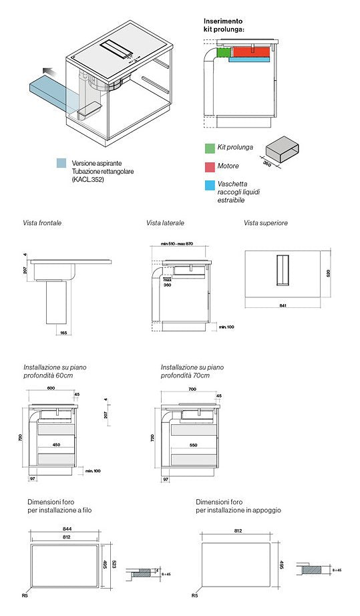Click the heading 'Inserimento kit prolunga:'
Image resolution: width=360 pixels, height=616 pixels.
[224, 25]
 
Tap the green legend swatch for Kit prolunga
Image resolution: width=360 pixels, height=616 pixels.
[209, 147]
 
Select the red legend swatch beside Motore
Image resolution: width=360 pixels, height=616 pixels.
[209, 166]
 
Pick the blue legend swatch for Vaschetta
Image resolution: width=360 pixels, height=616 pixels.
[209, 184]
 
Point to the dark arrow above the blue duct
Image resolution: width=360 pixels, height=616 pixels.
[47, 71]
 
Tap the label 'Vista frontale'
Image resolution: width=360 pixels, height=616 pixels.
[42, 222]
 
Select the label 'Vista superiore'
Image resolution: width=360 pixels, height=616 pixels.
[265, 222]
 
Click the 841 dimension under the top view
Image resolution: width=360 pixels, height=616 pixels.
[283, 305]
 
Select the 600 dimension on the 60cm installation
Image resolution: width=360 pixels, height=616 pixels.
[50, 388]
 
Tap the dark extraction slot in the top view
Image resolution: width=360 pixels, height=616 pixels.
[283, 271]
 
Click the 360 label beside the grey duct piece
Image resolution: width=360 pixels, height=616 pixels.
[267, 163]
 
